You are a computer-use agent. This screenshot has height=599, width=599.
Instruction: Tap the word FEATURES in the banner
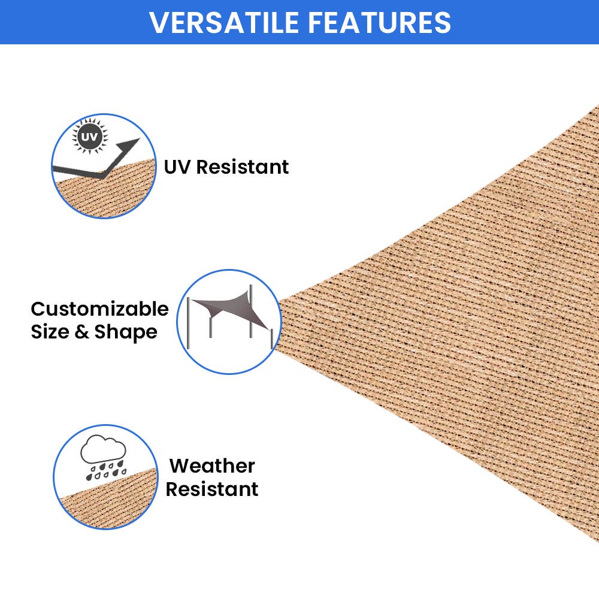click(379, 22)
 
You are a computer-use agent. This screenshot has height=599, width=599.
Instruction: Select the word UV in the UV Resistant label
click(177, 167)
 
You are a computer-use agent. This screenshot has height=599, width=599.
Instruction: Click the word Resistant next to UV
click(243, 167)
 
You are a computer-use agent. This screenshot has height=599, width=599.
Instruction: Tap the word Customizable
click(99, 309)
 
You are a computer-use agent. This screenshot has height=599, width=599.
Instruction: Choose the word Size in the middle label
click(50, 332)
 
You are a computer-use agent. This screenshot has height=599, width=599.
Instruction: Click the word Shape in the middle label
click(126, 332)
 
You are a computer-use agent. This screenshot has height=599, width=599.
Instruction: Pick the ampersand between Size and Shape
click(82, 332)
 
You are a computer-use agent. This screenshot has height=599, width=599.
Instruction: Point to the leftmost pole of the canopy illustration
click(189, 323)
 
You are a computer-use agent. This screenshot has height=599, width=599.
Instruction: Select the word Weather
click(212, 465)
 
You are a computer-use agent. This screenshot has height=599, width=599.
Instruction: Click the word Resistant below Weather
click(212, 489)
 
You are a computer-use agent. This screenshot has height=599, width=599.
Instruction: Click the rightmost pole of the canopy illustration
click(273, 338)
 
